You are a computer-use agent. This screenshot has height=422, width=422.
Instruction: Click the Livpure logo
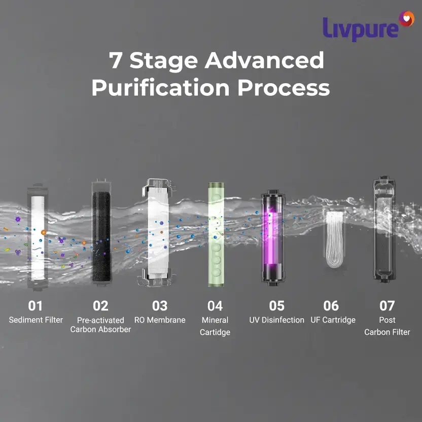click(368, 26)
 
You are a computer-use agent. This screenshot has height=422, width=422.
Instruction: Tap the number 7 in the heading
click(116, 60)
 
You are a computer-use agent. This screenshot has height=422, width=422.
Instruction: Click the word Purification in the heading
click(160, 87)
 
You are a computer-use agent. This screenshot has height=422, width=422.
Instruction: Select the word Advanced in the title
click(264, 60)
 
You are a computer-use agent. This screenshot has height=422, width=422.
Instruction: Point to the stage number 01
click(36, 306)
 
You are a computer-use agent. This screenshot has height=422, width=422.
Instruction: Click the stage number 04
click(215, 306)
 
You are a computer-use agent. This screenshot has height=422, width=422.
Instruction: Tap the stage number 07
click(387, 306)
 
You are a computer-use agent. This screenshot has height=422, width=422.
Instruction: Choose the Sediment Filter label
click(36, 320)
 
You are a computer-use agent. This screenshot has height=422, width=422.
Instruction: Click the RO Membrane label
click(160, 320)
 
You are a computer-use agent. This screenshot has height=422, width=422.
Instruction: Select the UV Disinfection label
click(276, 320)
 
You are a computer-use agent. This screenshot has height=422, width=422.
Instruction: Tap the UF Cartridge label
click(333, 320)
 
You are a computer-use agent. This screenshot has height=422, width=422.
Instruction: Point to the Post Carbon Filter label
click(387, 326)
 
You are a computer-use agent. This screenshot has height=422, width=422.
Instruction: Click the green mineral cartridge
click(216, 234)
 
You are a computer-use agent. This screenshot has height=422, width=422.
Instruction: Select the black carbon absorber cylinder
click(101, 235)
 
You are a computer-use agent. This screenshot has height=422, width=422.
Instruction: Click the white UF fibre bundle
click(334, 239)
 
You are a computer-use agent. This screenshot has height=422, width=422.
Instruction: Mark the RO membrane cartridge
click(158, 232)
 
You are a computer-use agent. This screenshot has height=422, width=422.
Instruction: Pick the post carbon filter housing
click(384, 230)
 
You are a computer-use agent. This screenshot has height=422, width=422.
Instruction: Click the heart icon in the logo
click(407, 19)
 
